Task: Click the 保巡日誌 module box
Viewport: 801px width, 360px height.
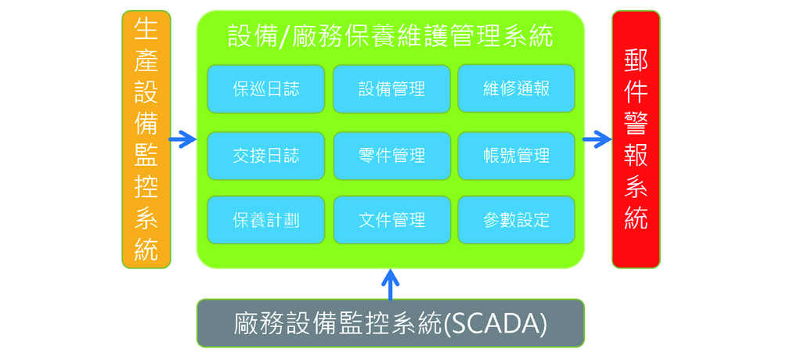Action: [x=265, y=88]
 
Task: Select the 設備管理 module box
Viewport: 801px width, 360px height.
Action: [x=391, y=88]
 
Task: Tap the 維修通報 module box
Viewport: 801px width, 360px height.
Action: [x=517, y=88]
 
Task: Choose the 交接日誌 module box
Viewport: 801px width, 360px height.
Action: [x=265, y=156]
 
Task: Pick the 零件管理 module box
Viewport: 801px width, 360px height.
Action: [x=391, y=156]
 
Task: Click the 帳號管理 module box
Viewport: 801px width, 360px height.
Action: [x=517, y=156]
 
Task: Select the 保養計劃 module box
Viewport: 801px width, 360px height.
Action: [x=265, y=220]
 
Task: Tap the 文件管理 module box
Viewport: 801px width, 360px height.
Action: [x=391, y=220]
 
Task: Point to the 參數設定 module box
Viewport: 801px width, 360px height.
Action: [x=517, y=220]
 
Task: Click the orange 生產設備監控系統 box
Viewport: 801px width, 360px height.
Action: [x=146, y=139]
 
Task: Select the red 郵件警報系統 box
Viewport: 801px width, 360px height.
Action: [x=636, y=139]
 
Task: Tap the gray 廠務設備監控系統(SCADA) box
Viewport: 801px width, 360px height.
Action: [x=390, y=323]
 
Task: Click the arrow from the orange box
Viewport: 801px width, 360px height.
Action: [x=182, y=139]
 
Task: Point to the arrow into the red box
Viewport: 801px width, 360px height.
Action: [x=597, y=139]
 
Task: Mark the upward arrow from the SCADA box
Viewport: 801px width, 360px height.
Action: [x=391, y=285]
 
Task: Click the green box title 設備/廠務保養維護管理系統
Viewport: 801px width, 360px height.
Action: [x=391, y=37]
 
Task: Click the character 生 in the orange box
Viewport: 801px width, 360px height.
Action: [x=146, y=31]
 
